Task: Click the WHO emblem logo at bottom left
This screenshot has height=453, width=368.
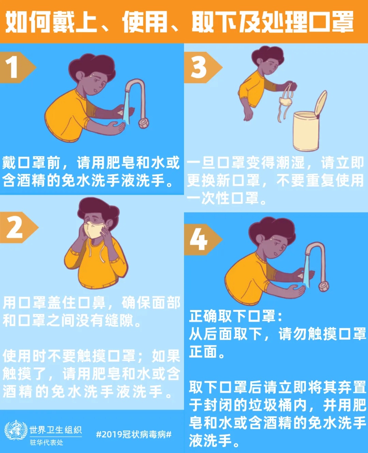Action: (x=15, y=431)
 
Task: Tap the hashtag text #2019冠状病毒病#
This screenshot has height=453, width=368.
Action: (x=134, y=434)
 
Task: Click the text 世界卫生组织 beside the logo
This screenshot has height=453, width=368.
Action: (x=55, y=430)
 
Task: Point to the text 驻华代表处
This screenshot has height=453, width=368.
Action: (x=46, y=442)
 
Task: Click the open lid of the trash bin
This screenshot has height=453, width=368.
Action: (x=321, y=103)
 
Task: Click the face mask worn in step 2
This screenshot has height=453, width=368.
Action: (x=94, y=230)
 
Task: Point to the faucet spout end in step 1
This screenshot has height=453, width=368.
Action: (x=143, y=123)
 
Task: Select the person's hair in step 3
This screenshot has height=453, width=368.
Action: (x=267, y=54)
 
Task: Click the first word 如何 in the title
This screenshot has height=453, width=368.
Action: (x=27, y=22)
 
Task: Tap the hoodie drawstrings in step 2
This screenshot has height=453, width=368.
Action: (x=95, y=252)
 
